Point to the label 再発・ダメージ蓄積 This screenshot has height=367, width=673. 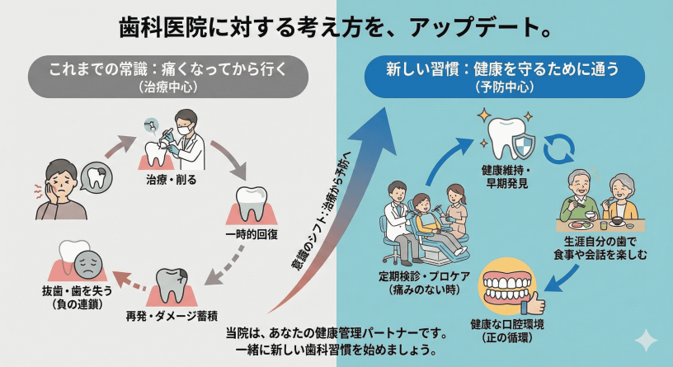174,316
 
